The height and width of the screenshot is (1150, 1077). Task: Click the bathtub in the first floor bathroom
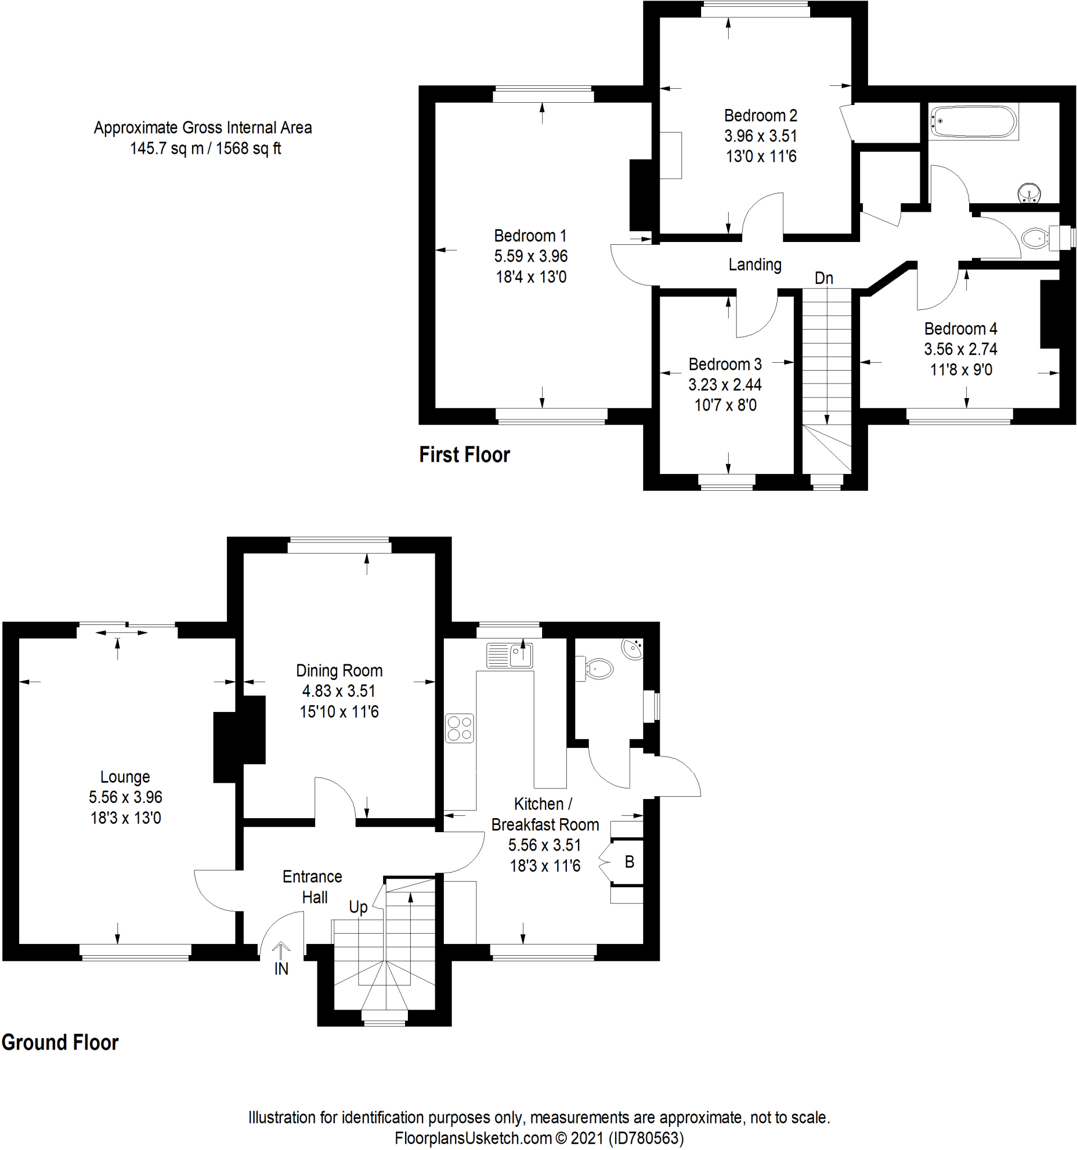(974, 121)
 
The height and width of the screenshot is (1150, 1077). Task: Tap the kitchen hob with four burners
(460, 728)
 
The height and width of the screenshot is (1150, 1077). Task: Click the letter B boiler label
(630, 862)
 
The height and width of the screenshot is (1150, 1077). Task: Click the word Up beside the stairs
(358, 907)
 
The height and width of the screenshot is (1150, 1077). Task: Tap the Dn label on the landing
(824, 279)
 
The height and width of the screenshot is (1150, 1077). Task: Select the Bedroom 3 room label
(725, 364)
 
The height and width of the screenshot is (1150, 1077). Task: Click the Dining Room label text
(339, 670)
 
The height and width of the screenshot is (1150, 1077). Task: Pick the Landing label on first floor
(755, 265)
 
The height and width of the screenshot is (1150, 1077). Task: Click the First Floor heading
(464, 455)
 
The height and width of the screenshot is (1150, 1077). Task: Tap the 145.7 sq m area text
(167, 149)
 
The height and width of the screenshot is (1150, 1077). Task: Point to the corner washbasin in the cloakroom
(633, 649)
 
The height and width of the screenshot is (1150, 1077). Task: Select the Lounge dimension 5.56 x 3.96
(126, 797)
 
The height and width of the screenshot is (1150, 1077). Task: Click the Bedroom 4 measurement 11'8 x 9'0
(961, 369)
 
